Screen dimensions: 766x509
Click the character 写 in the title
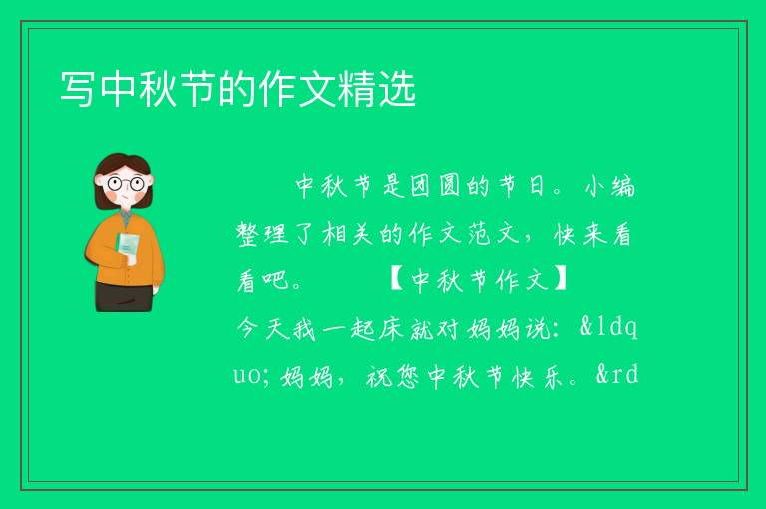pos(78,89)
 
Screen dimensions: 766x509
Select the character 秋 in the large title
pos(158,89)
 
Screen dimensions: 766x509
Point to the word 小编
pos(610,186)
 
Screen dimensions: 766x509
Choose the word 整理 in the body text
pos(262,234)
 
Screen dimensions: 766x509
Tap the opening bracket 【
pos(397,280)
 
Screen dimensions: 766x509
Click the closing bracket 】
pos(560,280)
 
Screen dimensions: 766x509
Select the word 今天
pos(263,328)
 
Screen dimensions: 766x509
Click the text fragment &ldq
pos(608,327)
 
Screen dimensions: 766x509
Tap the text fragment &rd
pos(617,375)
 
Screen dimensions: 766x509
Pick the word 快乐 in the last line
pos(537,376)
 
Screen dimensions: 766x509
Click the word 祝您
pos(393,376)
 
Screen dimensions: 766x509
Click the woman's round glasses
pos(126,184)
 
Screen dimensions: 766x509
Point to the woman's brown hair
pos(123,169)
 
